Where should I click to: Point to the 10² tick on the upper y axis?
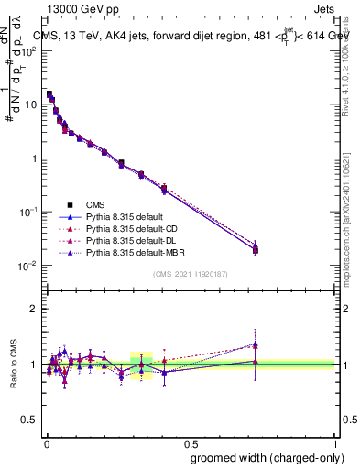[x=28, y=50]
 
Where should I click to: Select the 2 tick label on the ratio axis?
[x=34, y=309]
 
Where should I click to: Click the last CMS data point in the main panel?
[x=256, y=249]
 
